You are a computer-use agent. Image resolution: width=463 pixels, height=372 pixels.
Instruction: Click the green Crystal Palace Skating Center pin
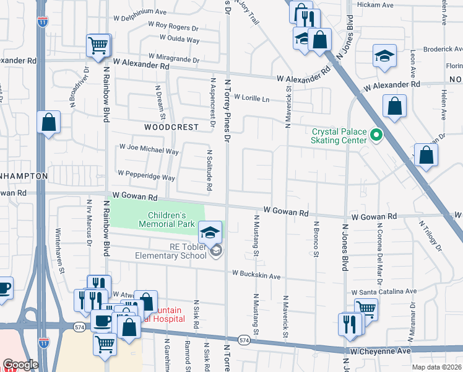click(375, 135)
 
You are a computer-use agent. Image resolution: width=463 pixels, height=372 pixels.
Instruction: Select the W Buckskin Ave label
click(256, 273)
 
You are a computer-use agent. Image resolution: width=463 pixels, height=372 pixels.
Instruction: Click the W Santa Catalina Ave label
click(384, 291)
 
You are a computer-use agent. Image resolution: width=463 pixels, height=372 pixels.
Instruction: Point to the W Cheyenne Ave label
click(380, 351)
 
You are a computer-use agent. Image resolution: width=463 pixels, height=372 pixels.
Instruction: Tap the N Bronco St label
click(316, 239)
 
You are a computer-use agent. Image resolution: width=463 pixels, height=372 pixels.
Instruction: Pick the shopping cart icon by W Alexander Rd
click(98, 46)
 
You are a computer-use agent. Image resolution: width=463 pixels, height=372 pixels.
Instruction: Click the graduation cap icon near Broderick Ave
click(384, 56)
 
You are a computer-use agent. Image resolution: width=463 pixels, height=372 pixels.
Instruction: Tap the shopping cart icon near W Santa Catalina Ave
click(366, 309)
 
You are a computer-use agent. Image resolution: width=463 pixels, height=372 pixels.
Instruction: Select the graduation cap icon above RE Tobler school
click(210, 232)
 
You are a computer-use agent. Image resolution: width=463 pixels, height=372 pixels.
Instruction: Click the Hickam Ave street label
click(379, 5)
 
